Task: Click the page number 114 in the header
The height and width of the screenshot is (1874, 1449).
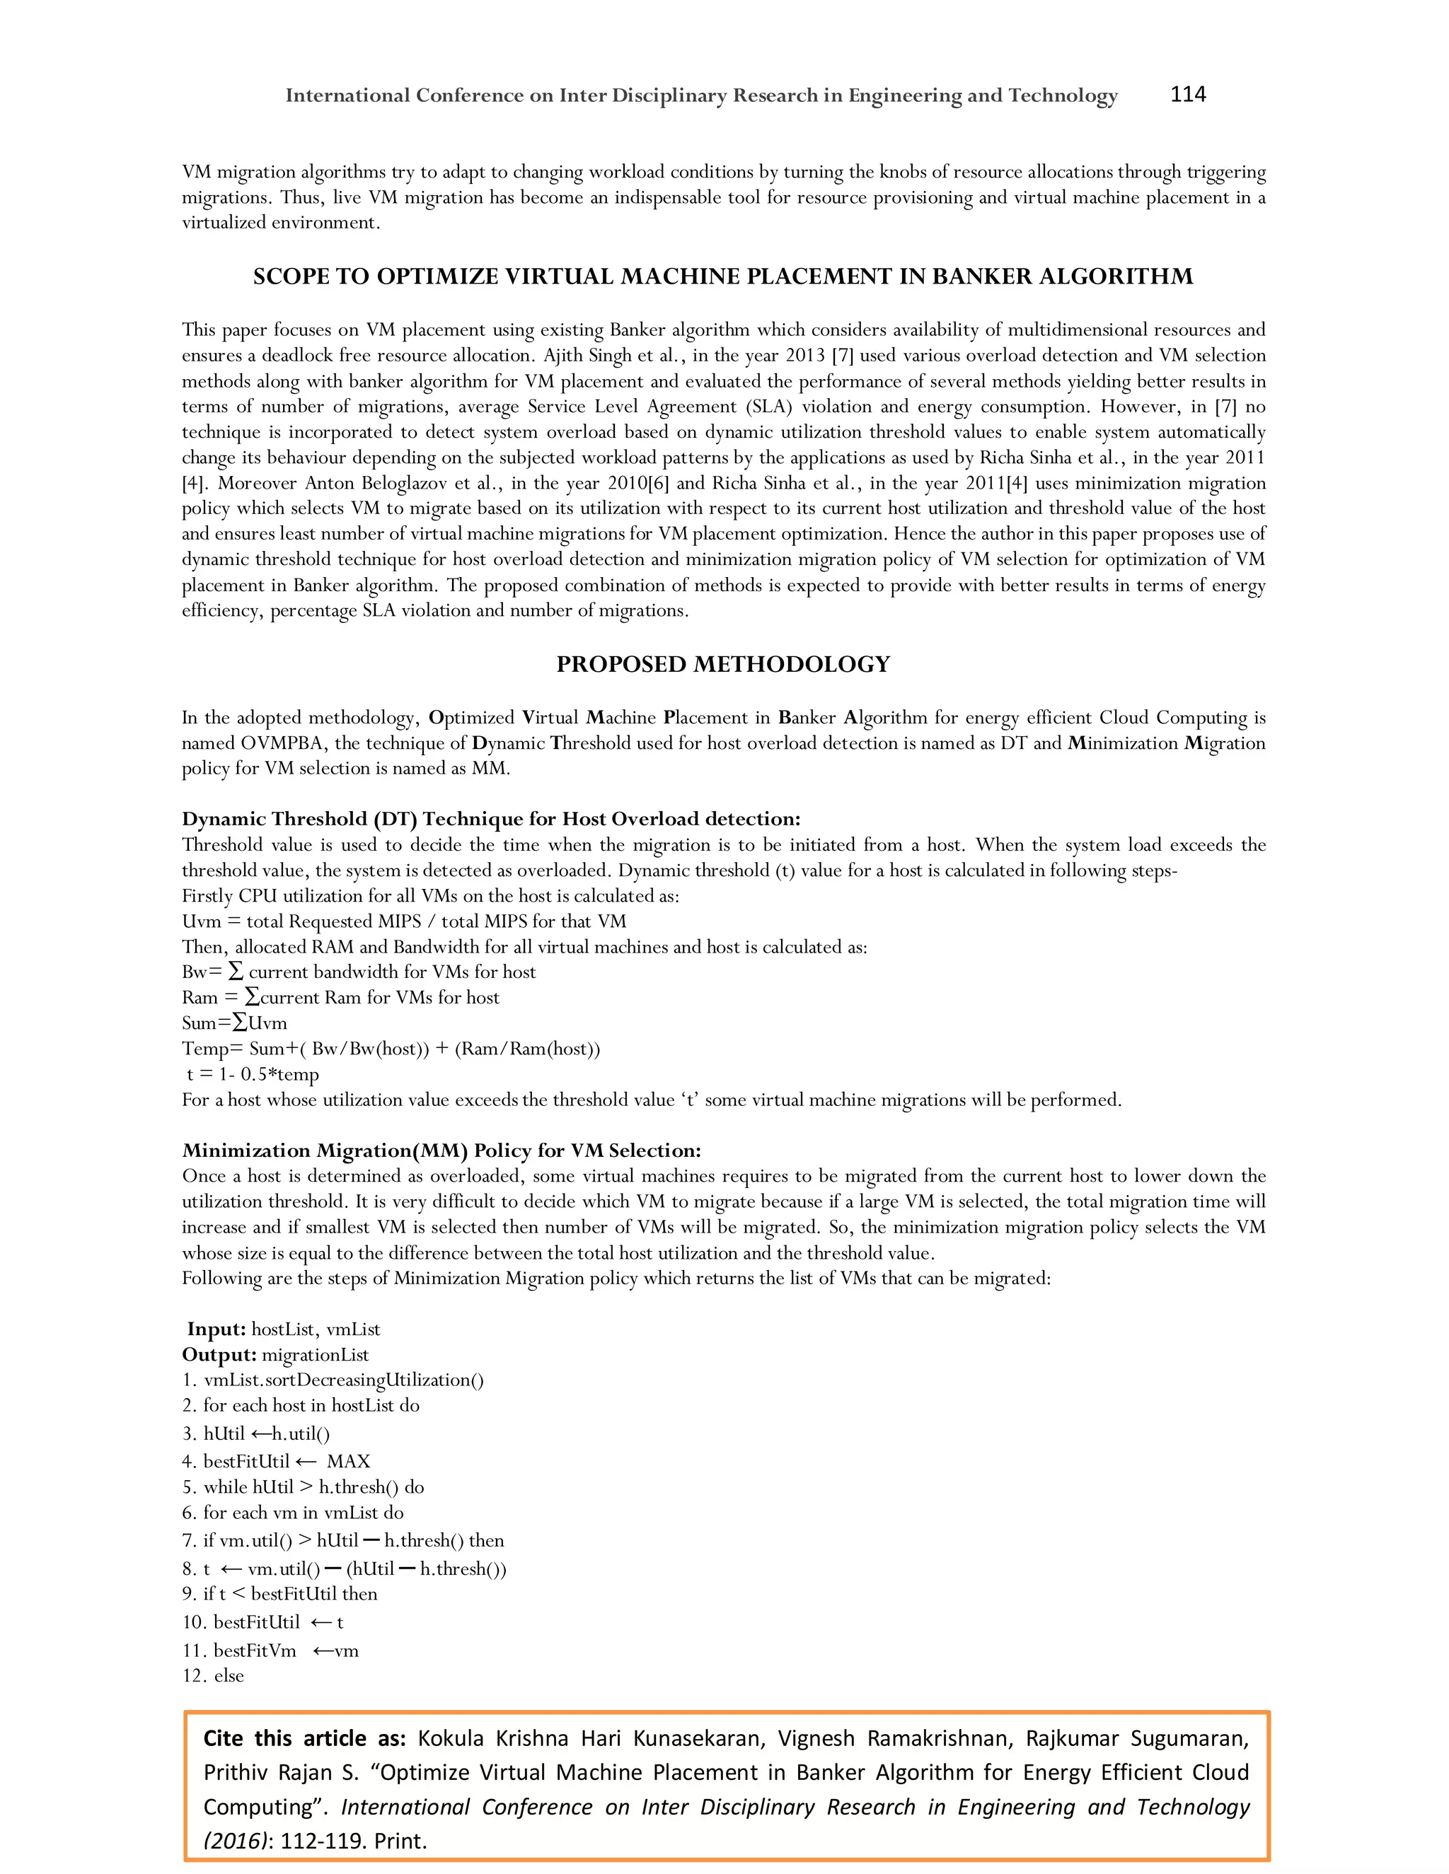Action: [1187, 94]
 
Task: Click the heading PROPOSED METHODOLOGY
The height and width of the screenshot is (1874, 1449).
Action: [723, 664]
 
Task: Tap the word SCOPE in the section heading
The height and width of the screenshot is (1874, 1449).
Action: [290, 277]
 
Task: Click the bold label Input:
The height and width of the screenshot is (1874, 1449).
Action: [217, 1329]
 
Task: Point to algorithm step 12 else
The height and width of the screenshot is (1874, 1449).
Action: [213, 1676]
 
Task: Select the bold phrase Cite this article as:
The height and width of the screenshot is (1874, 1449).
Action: [304, 1738]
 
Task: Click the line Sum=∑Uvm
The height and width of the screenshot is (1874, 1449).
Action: [234, 1023]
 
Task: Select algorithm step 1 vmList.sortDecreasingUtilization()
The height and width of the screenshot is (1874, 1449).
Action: [333, 1380]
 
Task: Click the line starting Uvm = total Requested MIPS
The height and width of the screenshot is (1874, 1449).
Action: [403, 921]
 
